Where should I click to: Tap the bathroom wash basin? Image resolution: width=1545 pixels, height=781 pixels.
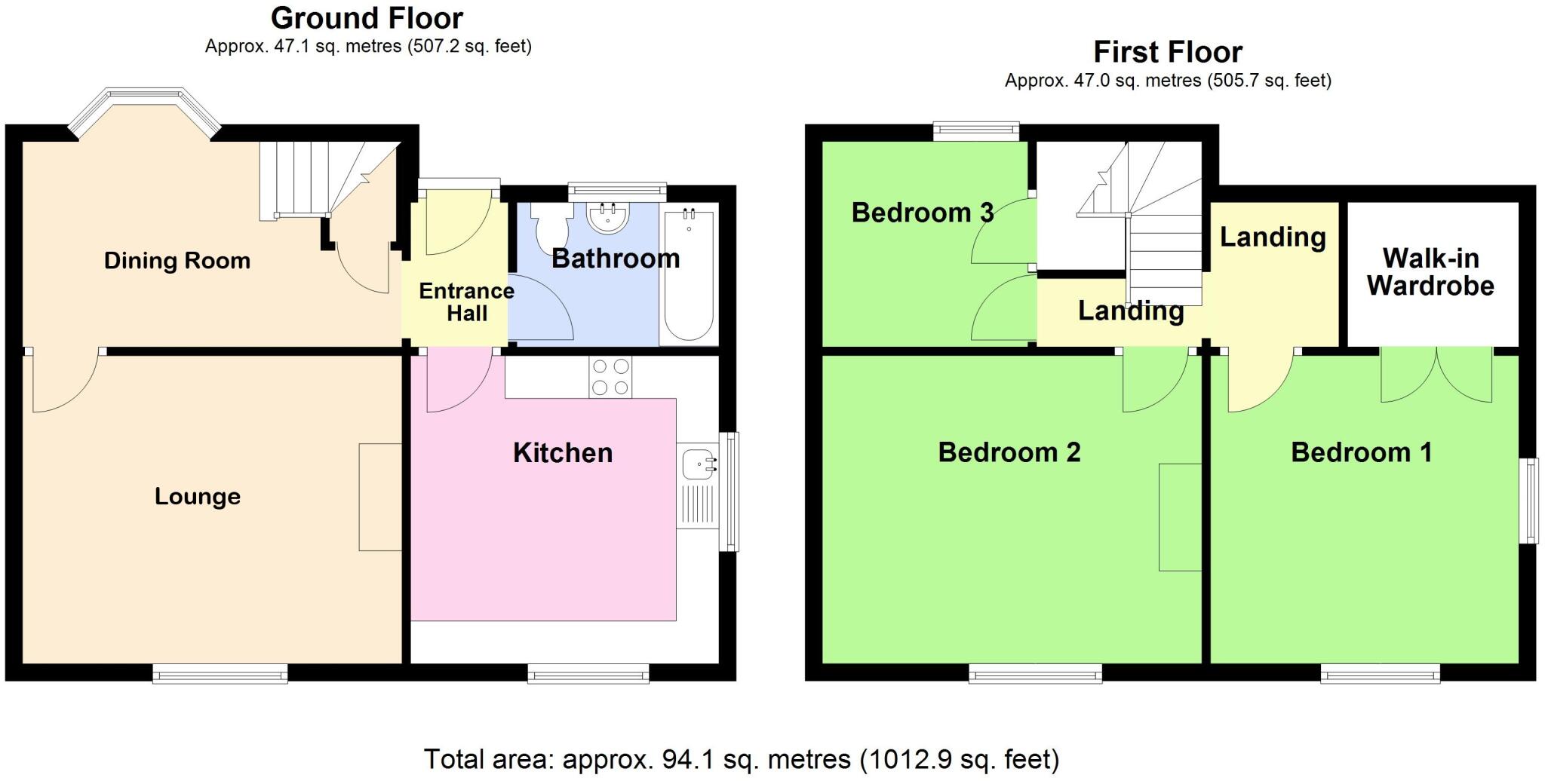pos(607,219)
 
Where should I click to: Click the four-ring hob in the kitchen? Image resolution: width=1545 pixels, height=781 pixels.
pos(610,377)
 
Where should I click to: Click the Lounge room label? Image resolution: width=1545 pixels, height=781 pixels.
pos(198,497)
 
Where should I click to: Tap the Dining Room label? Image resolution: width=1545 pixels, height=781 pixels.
pos(177,261)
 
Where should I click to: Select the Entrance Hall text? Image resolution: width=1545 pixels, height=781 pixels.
pos(466,302)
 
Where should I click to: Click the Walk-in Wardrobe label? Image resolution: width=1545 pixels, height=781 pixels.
pos(1430,272)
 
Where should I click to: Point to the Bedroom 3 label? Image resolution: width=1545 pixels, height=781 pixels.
pos(922,213)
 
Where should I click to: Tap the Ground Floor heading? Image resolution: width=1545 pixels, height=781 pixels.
pos(367,18)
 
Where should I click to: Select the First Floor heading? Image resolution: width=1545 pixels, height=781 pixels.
pos(1167,52)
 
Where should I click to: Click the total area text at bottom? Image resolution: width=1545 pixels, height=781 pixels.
pos(741,759)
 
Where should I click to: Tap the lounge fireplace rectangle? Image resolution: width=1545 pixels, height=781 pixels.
pos(380,497)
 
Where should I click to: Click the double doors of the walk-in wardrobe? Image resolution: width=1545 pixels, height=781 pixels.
pos(1436,374)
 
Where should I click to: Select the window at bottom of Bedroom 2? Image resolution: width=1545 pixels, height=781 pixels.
pos(1035,673)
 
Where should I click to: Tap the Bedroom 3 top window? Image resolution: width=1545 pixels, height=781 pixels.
pos(976,131)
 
